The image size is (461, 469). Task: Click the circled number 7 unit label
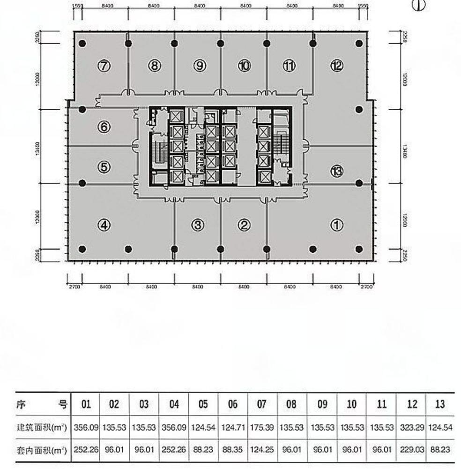[104, 66]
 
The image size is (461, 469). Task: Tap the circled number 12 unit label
[336, 66]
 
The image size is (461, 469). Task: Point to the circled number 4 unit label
[104, 226]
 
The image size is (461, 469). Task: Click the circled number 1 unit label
[336, 226]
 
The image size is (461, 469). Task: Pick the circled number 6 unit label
[104, 127]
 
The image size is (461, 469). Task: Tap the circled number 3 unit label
[198, 226]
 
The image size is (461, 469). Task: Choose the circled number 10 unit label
[244, 66]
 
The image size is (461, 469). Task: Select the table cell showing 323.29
[411, 428]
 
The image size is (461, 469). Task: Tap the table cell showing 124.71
[233, 428]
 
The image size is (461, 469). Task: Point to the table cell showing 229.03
[411, 450]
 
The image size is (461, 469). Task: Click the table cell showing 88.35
[233, 450]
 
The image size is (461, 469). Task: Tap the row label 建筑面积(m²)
[42, 428]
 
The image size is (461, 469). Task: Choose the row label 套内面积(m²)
[42, 450]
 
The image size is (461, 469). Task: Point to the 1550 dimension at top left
[78, 7]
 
